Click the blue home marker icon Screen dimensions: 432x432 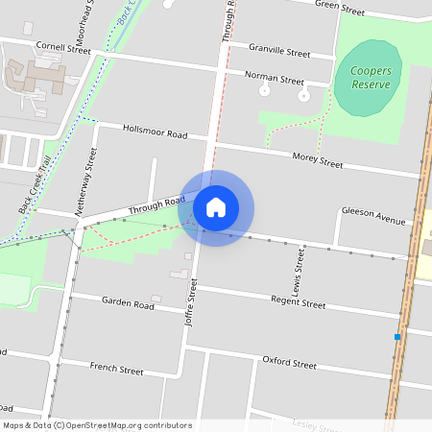pyautogui.click(x=216, y=206)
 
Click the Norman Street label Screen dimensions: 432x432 pyautogui.click(x=274, y=77)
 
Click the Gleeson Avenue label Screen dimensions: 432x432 pyautogui.click(x=373, y=217)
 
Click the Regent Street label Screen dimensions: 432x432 pyautogui.click(x=299, y=302)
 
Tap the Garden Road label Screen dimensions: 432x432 pyautogui.click(x=128, y=302)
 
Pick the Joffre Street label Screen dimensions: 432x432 pyautogui.click(x=191, y=302)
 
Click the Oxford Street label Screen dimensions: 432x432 pyautogui.click(x=289, y=363)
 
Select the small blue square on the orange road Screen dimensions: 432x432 pyautogui.click(x=397, y=337)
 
